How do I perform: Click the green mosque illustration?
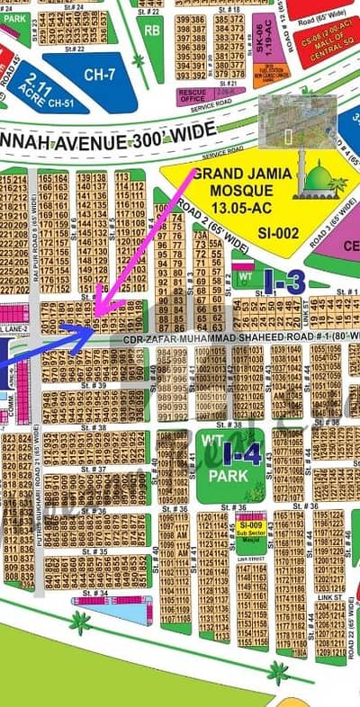pos(320,180)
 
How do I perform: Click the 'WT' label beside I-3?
pos(242,275)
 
